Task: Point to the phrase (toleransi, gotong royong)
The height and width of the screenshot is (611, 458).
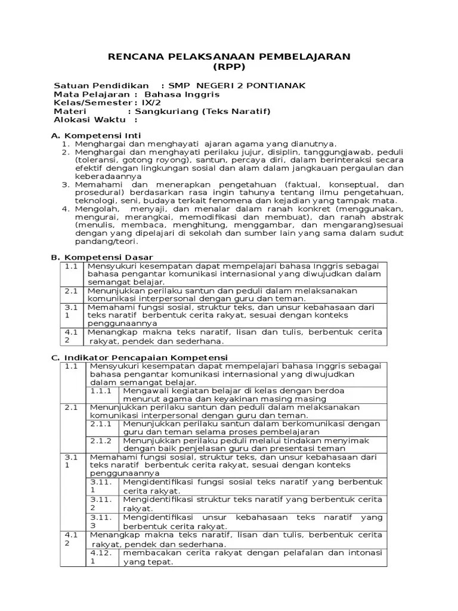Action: tap(125, 160)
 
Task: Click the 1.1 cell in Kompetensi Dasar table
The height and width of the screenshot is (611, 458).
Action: tap(72, 266)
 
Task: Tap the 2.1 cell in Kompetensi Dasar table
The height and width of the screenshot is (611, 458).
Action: tap(72, 291)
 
